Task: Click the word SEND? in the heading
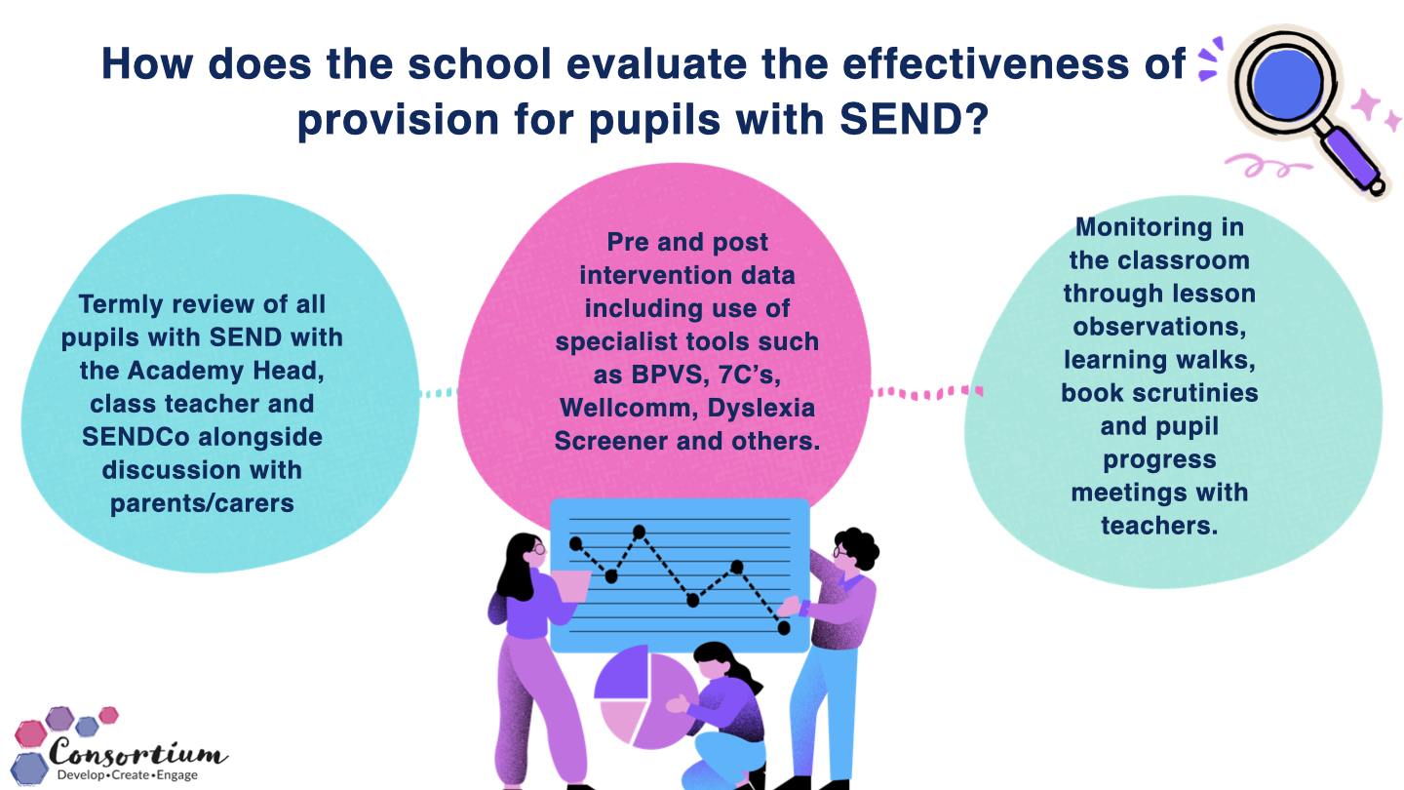914,119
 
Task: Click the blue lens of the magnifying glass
1286,85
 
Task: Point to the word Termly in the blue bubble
120,304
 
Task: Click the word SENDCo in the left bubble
136,437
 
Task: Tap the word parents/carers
202,503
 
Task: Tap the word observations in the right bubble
1159,327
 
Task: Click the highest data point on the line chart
640,533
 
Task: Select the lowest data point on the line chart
784,628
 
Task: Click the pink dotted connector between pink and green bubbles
926,392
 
